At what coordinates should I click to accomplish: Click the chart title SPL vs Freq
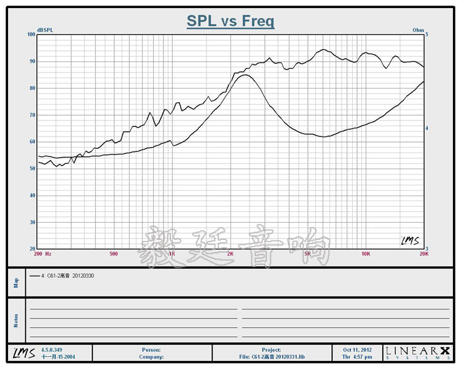(x=230, y=22)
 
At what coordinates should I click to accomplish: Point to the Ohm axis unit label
(x=418, y=30)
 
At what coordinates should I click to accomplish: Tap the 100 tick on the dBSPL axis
(x=31, y=34)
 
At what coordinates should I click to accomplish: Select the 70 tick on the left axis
(x=32, y=115)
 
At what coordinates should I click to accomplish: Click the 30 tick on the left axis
(x=32, y=222)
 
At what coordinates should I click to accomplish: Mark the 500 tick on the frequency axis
(x=113, y=253)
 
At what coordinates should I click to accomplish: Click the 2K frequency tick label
(x=230, y=253)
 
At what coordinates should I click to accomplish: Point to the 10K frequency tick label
(x=366, y=253)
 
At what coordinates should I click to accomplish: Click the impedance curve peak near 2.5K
(x=245, y=75)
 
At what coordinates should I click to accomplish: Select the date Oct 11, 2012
(x=357, y=349)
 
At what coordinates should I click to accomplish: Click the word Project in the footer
(x=270, y=349)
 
